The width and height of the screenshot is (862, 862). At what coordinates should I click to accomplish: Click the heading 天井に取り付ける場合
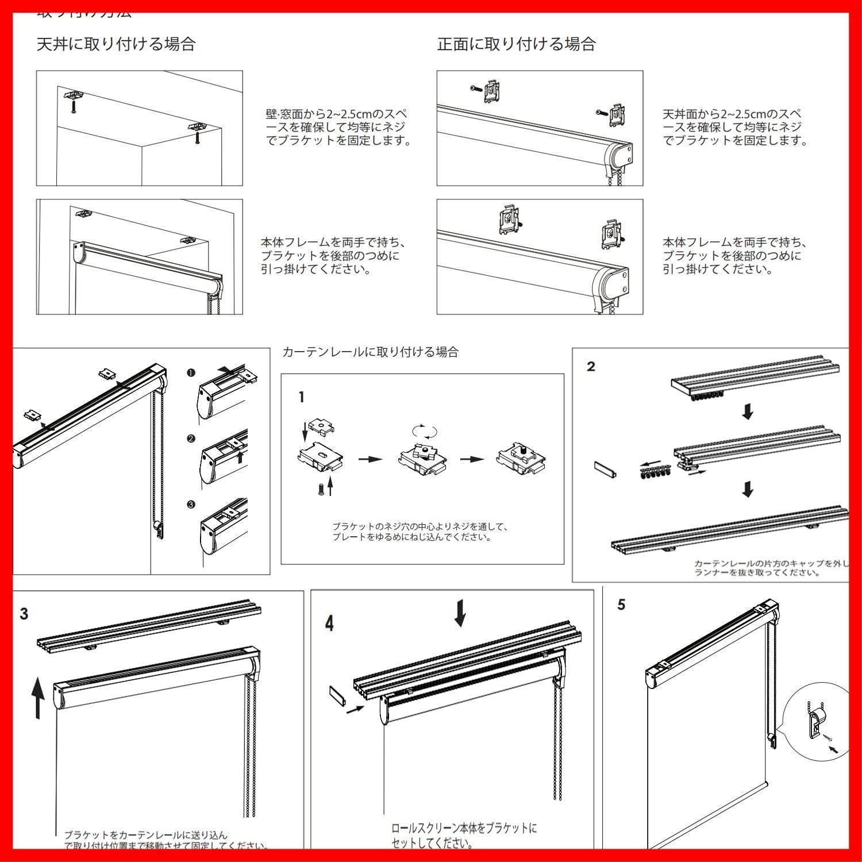(x=116, y=44)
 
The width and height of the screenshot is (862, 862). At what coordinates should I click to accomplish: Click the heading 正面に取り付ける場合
(x=516, y=44)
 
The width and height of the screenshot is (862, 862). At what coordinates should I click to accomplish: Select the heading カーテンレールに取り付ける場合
(x=371, y=352)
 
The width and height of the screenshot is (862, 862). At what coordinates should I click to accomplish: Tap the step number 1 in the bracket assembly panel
(x=302, y=397)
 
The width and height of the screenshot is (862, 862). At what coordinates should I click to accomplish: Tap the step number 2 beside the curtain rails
(x=591, y=367)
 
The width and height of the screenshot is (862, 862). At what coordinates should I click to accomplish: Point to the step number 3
(x=24, y=614)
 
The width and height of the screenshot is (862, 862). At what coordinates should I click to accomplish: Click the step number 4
(x=329, y=624)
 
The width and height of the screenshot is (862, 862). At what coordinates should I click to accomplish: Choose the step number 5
(x=621, y=605)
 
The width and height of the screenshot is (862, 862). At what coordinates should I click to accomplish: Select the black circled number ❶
(x=191, y=372)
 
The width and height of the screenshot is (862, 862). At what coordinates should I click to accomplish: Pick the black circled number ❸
(x=191, y=505)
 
